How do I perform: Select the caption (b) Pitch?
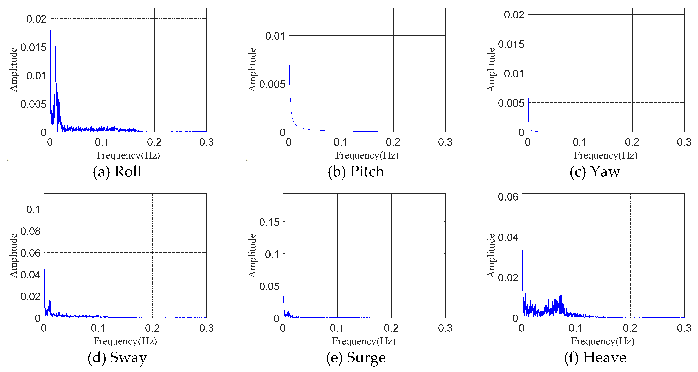[x=356, y=171]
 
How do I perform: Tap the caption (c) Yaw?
[x=595, y=171]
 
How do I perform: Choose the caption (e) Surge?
[x=356, y=357]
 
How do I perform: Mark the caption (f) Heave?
[x=595, y=357]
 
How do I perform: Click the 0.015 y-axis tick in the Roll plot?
[x=33, y=47]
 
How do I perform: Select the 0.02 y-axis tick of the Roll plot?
[x=36, y=19]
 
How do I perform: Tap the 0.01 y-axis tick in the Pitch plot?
[x=275, y=36]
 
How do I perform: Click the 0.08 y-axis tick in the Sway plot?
[x=30, y=231]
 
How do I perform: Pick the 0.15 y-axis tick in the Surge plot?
[x=269, y=222]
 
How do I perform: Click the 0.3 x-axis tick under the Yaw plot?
[x=684, y=142]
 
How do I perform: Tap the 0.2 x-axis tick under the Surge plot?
[x=391, y=328]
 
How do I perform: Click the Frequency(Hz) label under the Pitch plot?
[x=367, y=155]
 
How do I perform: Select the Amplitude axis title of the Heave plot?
[x=491, y=255]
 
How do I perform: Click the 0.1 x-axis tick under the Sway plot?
[x=98, y=328]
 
